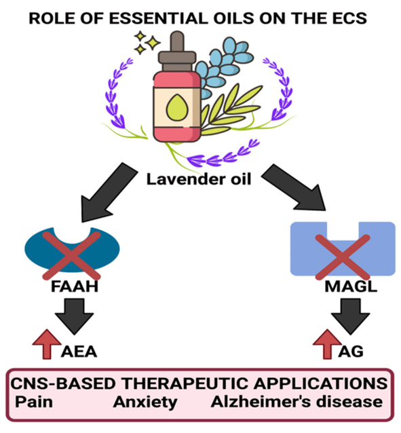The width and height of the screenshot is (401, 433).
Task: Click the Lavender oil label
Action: tap(199, 179)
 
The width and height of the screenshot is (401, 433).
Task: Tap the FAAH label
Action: tap(75, 286)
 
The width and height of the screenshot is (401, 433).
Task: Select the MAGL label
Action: tap(351, 286)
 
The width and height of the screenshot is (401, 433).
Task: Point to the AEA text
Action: tap(79, 352)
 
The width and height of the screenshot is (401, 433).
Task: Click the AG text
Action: tap(351, 352)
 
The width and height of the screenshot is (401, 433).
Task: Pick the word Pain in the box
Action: tap(34, 402)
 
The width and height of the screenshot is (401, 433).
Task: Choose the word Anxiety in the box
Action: tap(145, 402)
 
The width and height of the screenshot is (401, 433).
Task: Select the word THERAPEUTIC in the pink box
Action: tap(185, 383)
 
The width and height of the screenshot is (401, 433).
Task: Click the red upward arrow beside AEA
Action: tap(47, 344)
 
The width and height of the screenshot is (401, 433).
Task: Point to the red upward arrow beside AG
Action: tap(327, 344)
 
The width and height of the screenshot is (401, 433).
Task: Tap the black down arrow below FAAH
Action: tap(74, 316)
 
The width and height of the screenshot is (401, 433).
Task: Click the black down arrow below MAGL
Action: tap(351, 316)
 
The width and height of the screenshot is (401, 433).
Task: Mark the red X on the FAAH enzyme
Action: tap(71, 255)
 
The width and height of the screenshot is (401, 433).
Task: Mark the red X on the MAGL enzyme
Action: tap(343, 257)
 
